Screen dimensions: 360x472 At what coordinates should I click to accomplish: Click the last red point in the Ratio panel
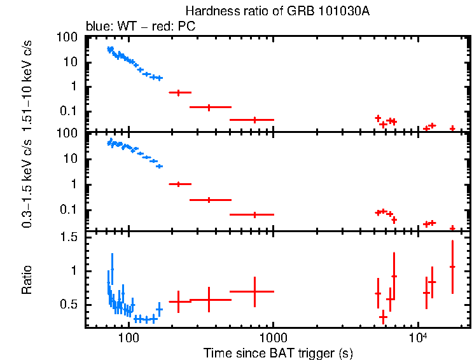click(x=452, y=267)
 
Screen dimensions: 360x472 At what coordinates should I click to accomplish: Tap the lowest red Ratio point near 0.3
click(x=383, y=316)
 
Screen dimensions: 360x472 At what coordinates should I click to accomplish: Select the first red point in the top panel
click(x=179, y=93)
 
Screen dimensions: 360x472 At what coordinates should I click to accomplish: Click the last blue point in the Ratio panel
click(x=160, y=309)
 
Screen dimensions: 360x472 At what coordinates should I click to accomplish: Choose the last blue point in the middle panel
click(x=160, y=166)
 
